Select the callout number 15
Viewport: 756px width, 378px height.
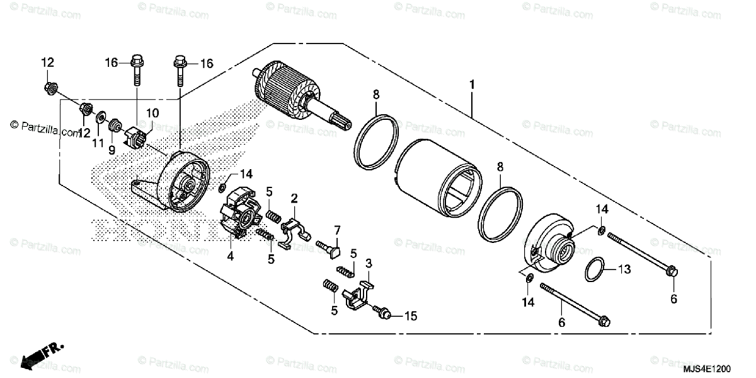[411, 315]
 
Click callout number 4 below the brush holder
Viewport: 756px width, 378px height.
[231, 257]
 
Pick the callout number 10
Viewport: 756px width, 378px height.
[152, 113]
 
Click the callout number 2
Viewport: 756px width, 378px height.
[294, 199]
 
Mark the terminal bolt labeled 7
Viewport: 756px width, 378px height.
[330, 247]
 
